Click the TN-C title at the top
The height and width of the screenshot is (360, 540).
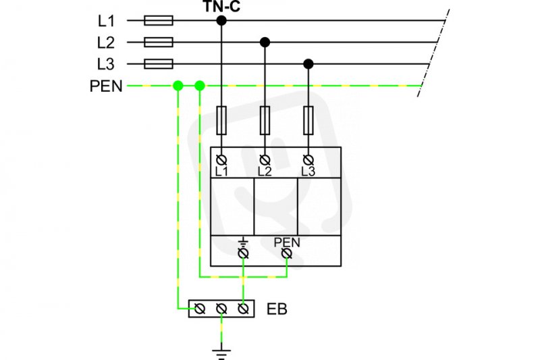pos(221,6)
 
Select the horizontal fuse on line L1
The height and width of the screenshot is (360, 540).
pos(159,21)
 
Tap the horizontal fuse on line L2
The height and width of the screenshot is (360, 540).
pos(159,43)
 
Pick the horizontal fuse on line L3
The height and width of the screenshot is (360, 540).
pos(159,63)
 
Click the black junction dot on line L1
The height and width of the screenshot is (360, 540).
pos(221,21)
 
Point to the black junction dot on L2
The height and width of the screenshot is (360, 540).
pos(265,43)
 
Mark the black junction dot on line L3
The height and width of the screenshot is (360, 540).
pos(308,63)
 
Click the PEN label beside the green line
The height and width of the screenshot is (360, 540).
pos(106,86)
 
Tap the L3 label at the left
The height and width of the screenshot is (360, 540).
pos(106,64)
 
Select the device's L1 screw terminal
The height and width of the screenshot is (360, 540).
pos(221,160)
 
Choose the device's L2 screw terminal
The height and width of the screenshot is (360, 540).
pos(265,160)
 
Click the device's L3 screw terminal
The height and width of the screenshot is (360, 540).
pos(308,160)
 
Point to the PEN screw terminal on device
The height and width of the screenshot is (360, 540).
pos(287,254)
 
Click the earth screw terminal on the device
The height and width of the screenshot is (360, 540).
pos(244,254)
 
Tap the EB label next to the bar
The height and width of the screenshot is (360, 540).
pos(277,309)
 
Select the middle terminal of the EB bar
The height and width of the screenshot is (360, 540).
pos(221,309)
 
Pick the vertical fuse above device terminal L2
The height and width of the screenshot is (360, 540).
pos(265,120)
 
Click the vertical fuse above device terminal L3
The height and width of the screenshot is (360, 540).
pos(308,120)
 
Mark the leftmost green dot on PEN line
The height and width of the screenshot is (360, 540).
pos(178,86)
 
